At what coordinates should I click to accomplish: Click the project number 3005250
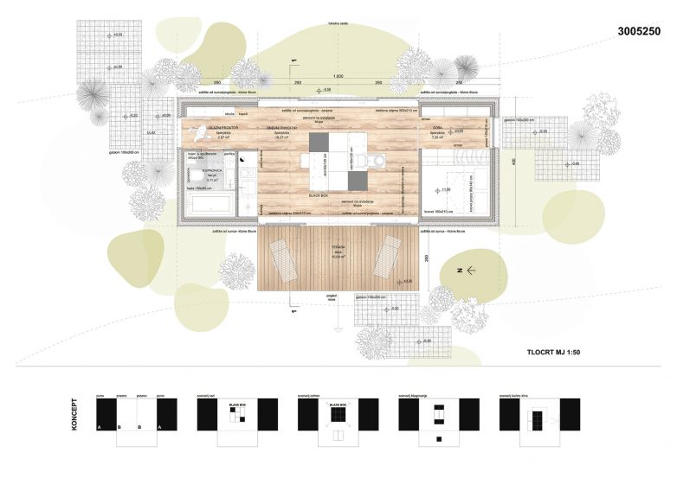coord(640,31)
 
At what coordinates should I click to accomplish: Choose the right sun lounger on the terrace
coord(385,255)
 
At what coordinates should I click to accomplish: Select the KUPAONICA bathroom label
coord(201,171)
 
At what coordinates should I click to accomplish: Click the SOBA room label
coord(437,126)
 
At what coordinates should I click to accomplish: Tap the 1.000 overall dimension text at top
coord(338,77)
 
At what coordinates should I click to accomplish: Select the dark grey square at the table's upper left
coord(313,141)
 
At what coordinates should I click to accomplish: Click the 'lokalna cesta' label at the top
coord(338,22)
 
